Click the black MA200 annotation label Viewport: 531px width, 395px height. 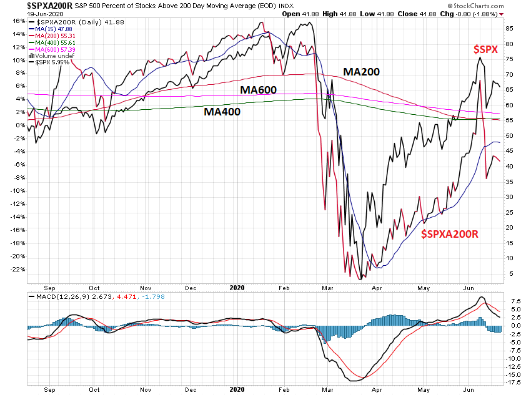pyautogui.click(x=362, y=72)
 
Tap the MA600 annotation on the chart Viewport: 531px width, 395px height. pyautogui.click(x=259, y=90)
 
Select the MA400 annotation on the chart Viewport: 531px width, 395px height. pyautogui.click(x=222, y=112)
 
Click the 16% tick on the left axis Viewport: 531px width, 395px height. pyautogui.click(x=18, y=21)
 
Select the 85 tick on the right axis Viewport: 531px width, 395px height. pyautogui.click(x=510, y=29)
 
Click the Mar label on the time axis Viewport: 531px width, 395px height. pyautogui.click(x=329, y=288)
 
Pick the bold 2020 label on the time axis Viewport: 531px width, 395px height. pyautogui.click(x=237, y=288)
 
